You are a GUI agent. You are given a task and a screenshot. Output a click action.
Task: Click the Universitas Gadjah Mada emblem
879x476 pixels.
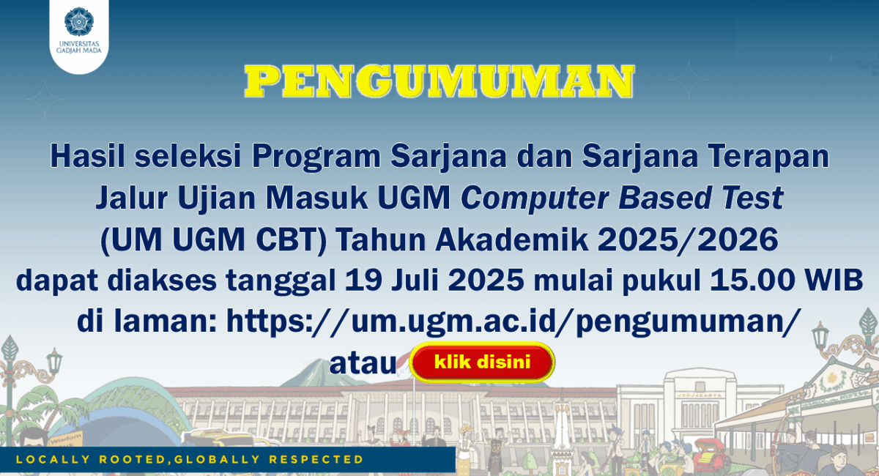[79, 21]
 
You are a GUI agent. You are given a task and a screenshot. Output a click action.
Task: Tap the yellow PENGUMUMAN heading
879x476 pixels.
[439, 81]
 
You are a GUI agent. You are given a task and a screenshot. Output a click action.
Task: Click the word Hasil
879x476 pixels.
[87, 156]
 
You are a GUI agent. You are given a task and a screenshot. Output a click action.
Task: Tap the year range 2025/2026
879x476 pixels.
[688, 239]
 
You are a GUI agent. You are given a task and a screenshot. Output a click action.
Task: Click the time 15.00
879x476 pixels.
[752, 280]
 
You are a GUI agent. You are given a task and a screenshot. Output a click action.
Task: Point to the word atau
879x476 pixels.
[363, 364]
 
